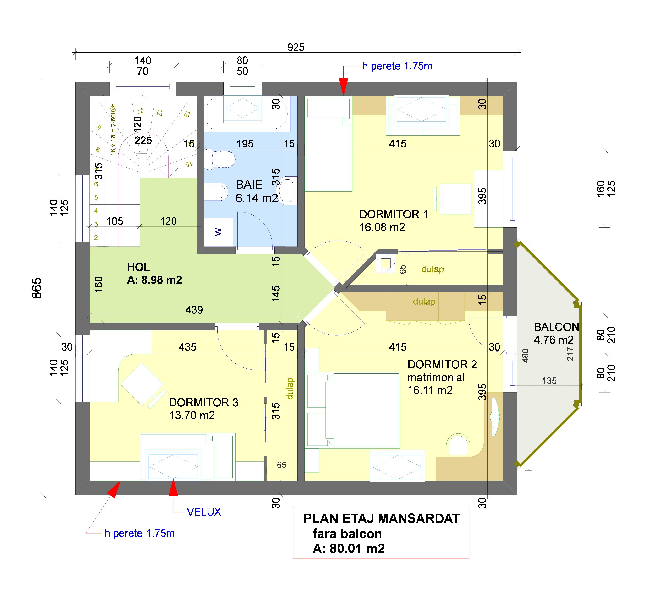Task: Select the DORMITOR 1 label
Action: tap(393, 214)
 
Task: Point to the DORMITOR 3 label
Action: tap(203, 403)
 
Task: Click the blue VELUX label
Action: tap(204, 512)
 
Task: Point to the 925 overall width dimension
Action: tap(296, 47)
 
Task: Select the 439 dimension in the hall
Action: tap(194, 310)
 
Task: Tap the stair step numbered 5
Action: tap(96, 197)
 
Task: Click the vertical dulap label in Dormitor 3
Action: tap(290, 388)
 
